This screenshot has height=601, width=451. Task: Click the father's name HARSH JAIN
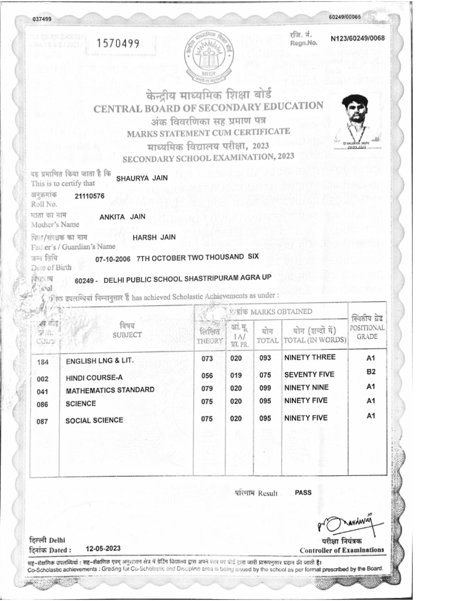coord(154,237)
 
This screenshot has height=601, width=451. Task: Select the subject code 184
coord(42,362)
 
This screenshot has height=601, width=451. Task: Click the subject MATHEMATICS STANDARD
coord(110,390)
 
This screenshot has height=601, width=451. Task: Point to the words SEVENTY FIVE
coord(309,374)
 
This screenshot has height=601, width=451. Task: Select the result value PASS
coord(304,492)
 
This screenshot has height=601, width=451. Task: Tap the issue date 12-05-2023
coord(103,548)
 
